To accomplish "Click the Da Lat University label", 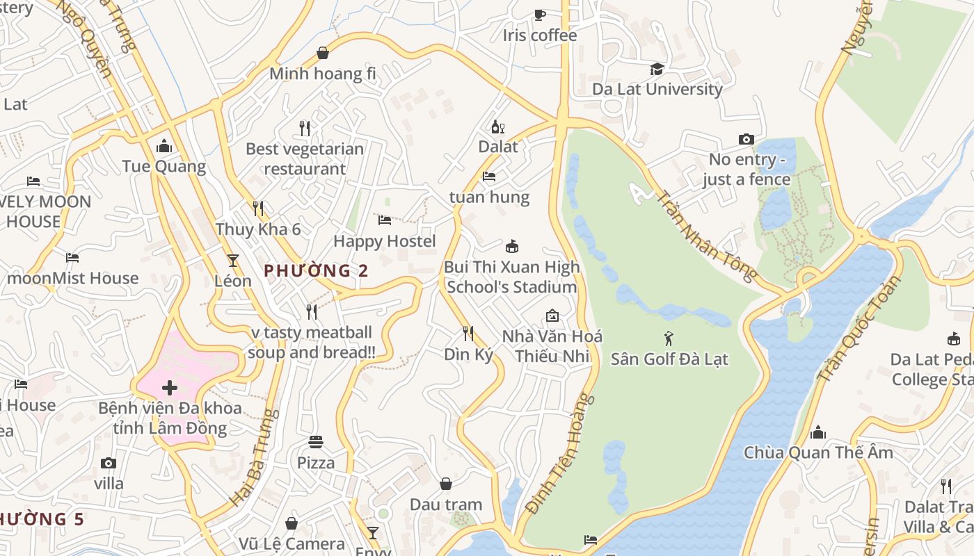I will (x=657, y=89).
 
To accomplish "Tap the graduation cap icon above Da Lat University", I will (x=657, y=69).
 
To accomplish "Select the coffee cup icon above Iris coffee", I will (x=539, y=15).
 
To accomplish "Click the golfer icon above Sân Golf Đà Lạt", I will (x=669, y=338).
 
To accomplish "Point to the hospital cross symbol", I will (x=169, y=387).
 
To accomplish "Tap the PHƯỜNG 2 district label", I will (x=316, y=270).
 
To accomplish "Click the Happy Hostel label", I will (x=384, y=241).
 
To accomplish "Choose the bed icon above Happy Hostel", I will (x=384, y=220).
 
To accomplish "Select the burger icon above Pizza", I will (x=316, y=442).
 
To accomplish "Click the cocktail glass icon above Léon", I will (x=232, y=261).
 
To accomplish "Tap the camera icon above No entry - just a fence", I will (x=746, y=139).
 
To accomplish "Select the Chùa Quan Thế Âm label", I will (x=817, y=452).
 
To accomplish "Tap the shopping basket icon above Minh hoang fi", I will (x=323, y=53).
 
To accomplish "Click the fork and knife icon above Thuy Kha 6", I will (x=257, y=208).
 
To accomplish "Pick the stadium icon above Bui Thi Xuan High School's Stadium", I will (x=512, y=246).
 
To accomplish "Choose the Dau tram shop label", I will (x=445, y=504).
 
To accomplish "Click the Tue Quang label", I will (x=164, y=166).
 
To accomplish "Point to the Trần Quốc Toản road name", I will (x=859, y=327).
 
